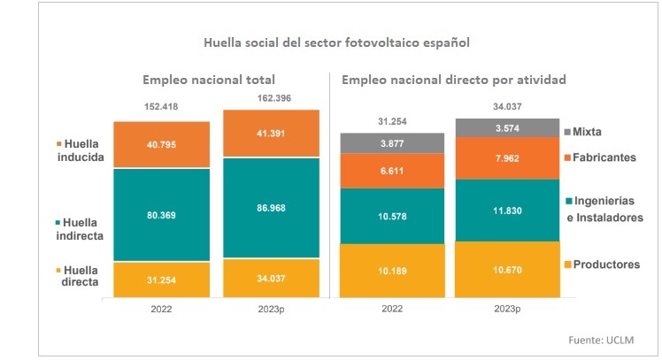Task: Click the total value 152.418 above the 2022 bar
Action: [x=161, y=107]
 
